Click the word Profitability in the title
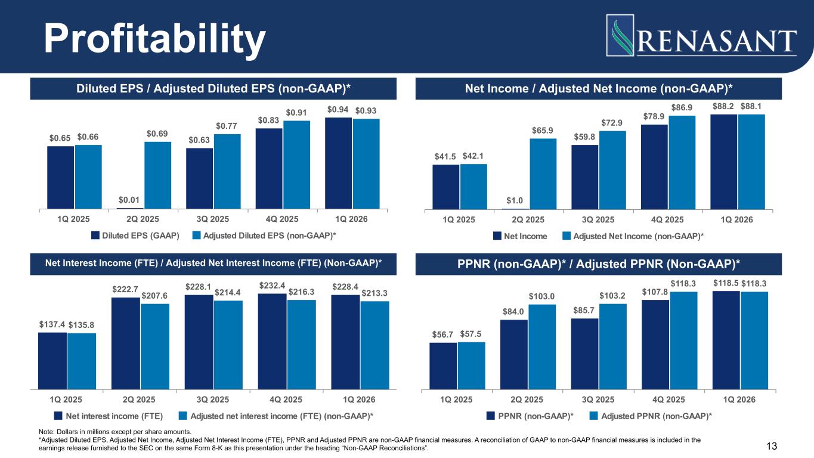[x=156, y=38]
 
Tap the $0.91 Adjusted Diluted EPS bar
[x=296, y=165]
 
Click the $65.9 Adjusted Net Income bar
[x=543, y=174]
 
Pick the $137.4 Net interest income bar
[x=52, y=360]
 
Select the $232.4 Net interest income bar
[x=273, y=341]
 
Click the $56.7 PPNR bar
[x=443, y=365]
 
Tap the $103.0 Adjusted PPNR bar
[x=542, y=346]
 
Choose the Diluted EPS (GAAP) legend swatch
[x=95, y=236]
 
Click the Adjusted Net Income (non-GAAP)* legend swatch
[x=567, y=236]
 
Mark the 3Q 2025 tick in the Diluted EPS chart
[x=213, y=219]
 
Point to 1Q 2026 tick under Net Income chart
[x=737, y=219]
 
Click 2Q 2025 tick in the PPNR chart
[x=527, y=399]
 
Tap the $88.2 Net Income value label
[x=723, y=106]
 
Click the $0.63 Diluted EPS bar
[x=200, y=178]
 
